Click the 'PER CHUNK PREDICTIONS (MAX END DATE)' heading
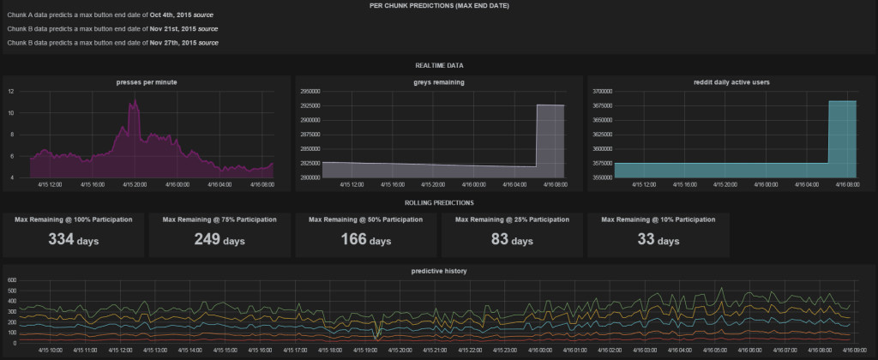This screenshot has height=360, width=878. [438, 5]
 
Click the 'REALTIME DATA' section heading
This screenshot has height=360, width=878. [438, 64]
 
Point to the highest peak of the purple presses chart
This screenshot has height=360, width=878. [133, 100]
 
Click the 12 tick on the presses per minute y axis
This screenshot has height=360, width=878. [10, 91]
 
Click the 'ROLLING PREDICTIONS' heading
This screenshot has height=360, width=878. [438, 202]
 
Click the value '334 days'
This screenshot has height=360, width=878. [74, 241]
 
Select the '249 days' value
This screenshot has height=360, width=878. [219, 241]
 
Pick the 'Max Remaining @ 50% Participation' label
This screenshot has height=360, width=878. [367, 219]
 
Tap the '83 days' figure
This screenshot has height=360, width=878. [513, 241]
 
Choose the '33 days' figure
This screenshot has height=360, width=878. [658, 241]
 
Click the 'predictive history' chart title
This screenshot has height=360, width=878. [438, 271]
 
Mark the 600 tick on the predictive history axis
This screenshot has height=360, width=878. [10, 280]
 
